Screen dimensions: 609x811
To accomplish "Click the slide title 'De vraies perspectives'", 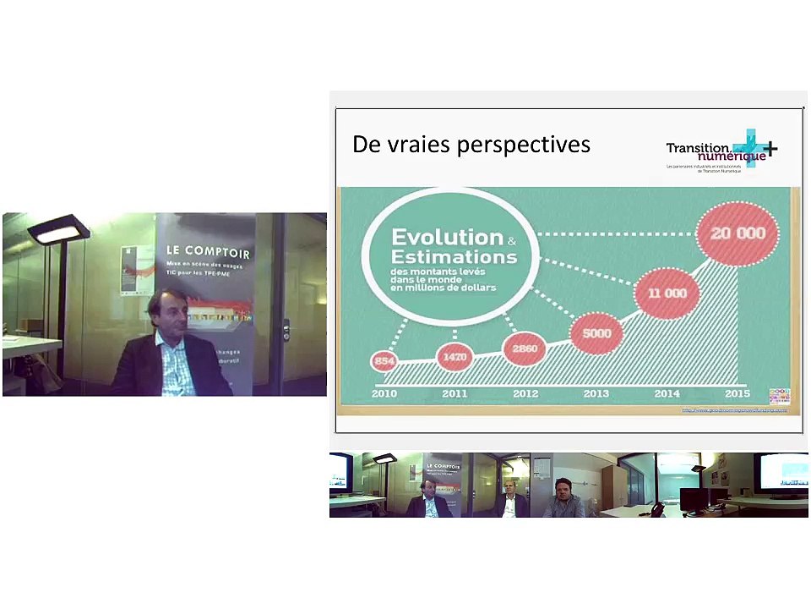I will click(471, 145).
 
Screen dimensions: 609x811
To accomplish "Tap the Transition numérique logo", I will click(721, 150).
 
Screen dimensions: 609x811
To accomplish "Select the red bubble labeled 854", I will click(384, 362).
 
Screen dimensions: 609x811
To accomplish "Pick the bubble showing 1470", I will click(454, 357).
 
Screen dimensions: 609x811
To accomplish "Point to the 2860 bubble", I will click(524, 348).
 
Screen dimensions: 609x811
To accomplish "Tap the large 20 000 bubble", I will click(737, 233).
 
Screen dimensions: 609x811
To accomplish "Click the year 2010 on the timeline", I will click(384, 393).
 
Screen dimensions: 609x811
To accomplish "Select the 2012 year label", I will click(525, 393).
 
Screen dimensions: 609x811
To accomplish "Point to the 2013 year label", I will click(595, 393).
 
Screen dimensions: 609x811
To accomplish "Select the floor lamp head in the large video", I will click(58, 229).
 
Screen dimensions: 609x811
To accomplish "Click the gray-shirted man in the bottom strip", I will click(563, 499).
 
